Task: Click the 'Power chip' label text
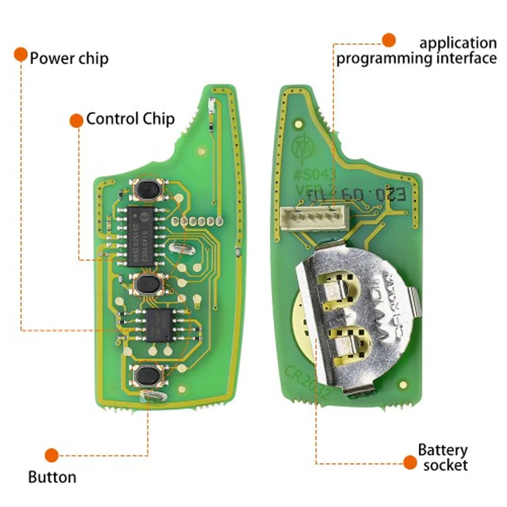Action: click(69, 58)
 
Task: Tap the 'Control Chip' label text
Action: click(130, 119)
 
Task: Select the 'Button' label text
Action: click(52, 477)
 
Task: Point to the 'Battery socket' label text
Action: click(443, 457)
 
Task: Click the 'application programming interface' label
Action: click(416, 51)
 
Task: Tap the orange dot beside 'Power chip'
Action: click(20, 54)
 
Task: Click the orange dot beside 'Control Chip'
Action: click(76, 120)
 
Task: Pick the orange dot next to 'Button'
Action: click(51, 455)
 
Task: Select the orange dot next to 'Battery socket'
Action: click(410, 462)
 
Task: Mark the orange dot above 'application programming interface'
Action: click(388, 40)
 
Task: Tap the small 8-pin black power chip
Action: click(159, 324)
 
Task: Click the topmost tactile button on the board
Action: click(147, 190)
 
